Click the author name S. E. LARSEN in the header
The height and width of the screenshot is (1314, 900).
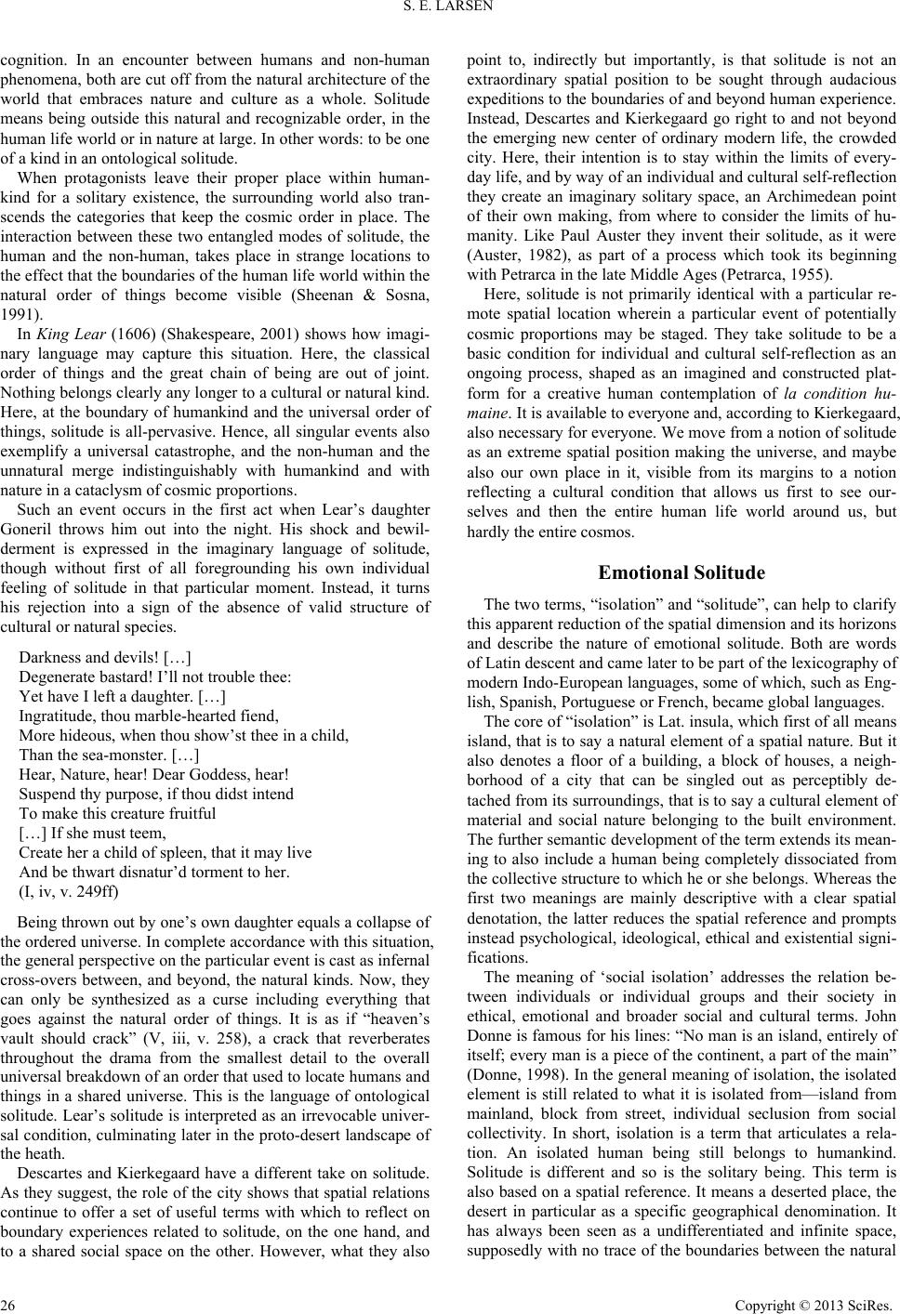coord(450,11)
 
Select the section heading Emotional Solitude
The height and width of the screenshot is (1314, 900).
coord(682,572)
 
